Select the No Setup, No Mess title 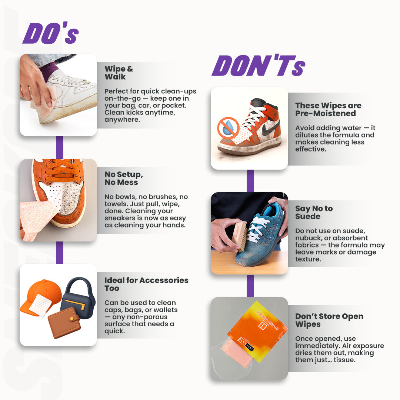pyautogui.click(x=123, y=178)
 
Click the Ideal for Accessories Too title pyautogui.click(x=146, y=284)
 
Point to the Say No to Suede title pyautogui.click(x=314, y=212)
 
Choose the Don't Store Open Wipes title pyautogui.click(x=329, y=320)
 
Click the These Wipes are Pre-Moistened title pyautogui.click(x=328, y=109)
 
